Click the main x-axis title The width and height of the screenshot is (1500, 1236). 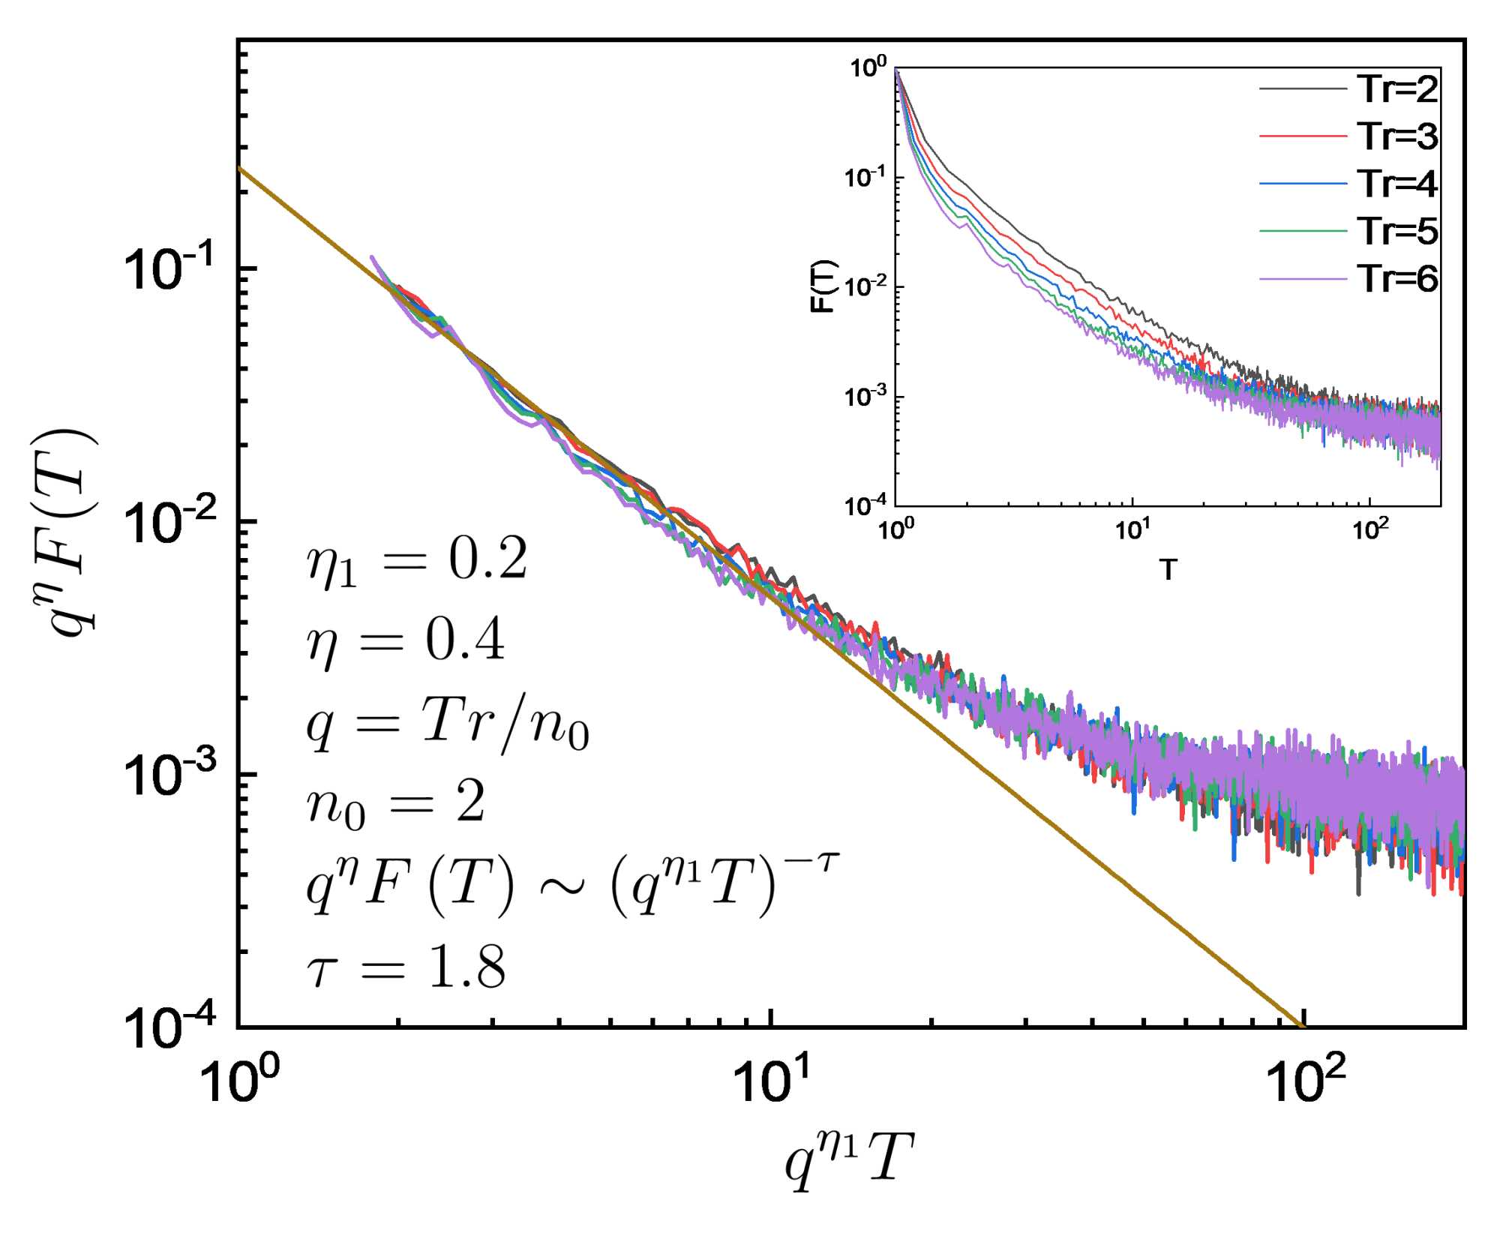click(848, 1159)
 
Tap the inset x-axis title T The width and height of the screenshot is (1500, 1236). click(1168, 570)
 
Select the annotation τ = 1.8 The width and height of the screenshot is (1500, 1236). click(406, 967)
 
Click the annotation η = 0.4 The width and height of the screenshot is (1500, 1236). click(406, 641)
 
